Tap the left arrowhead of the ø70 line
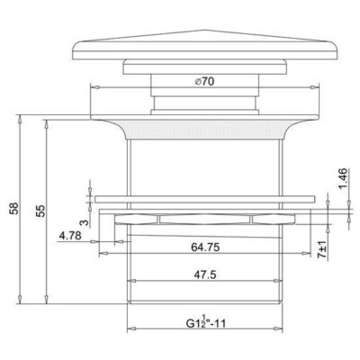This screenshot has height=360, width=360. coord(94,87)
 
